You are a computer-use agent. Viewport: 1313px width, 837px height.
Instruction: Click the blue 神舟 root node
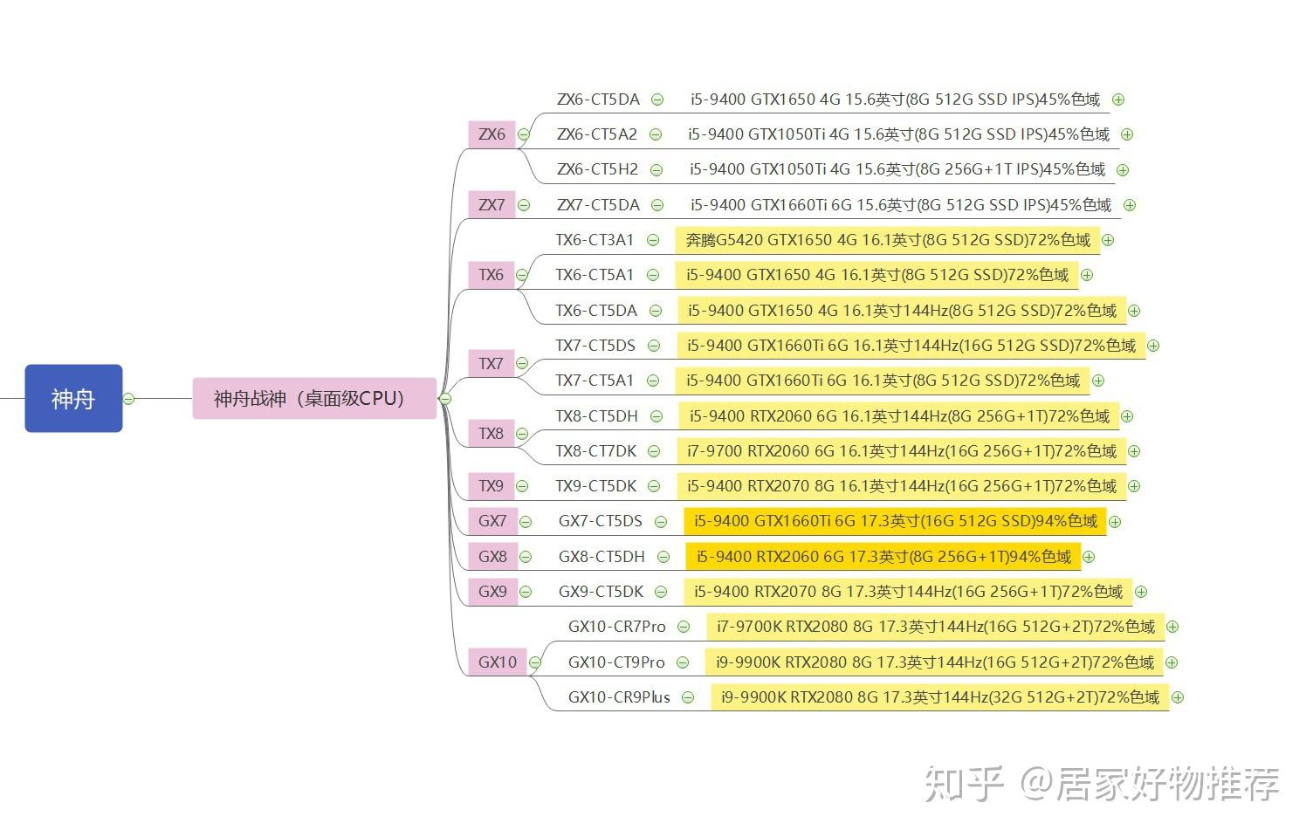[74, 399]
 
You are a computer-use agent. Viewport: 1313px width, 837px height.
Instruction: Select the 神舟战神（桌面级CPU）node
[314, 399]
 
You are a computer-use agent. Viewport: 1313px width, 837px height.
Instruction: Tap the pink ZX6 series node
[492, 134]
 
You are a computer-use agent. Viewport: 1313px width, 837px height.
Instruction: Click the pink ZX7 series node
[492, 204]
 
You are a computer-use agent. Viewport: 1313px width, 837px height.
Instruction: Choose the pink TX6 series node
[492, 275]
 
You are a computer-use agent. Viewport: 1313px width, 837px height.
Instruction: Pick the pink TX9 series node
[492, 486]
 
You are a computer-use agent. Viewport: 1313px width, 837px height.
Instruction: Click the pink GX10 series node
[497, 662]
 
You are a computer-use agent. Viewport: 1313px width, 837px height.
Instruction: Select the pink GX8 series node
[492, 556]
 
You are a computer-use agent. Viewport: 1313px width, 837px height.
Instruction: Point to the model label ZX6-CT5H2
[597, 169]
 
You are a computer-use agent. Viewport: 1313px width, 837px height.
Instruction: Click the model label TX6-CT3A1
[595, 240]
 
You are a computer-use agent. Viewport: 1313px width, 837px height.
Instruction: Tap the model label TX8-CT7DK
[595, 450]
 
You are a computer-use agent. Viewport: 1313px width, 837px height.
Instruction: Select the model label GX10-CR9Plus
[619, 696]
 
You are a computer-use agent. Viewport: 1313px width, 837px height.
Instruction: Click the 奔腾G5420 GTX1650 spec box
[888, 240]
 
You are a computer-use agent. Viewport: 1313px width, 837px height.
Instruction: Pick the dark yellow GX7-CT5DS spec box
[895, 521]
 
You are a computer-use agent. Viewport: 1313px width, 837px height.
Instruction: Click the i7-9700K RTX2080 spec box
[936, 627]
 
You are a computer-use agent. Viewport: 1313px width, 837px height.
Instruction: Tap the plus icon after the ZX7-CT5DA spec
[1130, 205]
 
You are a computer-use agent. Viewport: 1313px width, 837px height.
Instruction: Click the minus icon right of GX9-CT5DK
[661, 592]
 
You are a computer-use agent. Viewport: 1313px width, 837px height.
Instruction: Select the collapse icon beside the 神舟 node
[129, 399]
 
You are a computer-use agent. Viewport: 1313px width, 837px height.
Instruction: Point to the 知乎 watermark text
[964, 784]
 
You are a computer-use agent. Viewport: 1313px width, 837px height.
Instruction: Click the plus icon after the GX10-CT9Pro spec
[1172, 662]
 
